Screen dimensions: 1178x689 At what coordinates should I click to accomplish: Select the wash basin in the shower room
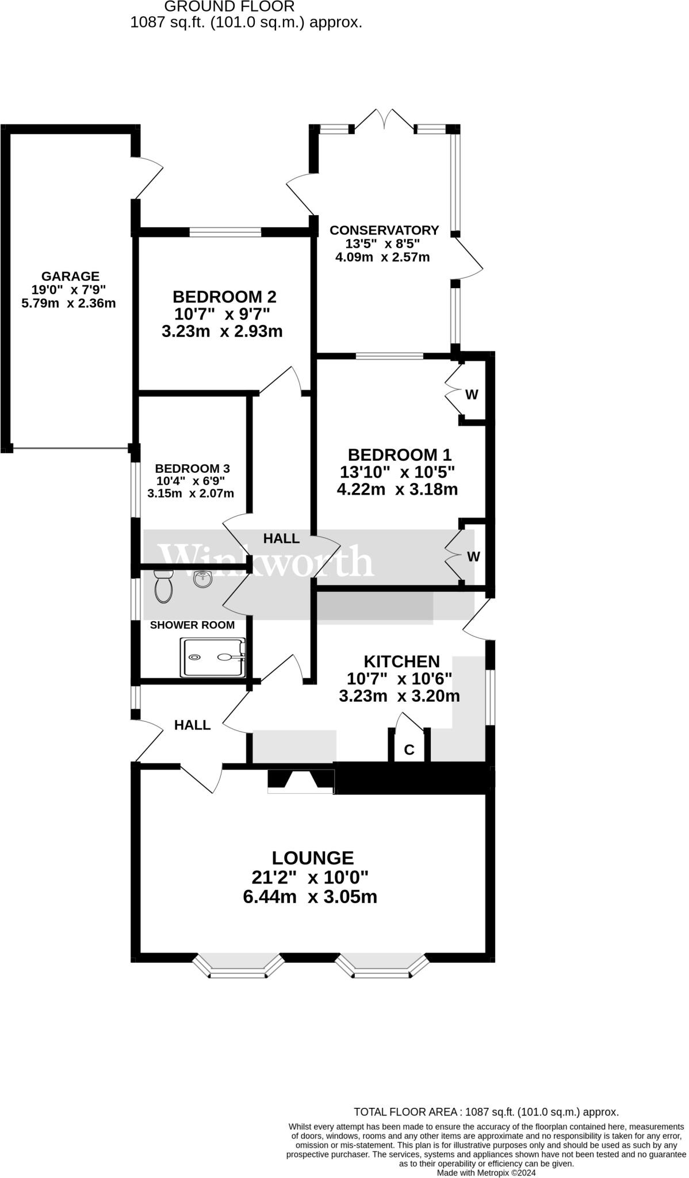click(x=202, y=579)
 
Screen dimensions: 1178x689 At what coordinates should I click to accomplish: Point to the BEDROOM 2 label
click(x=224, y=297)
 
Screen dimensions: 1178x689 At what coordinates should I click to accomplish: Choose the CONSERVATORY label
click(x=384, y=230)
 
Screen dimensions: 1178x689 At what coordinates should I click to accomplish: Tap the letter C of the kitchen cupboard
click(x=409, y=749)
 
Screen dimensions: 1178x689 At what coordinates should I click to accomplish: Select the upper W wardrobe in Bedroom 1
click(x=472, y=395)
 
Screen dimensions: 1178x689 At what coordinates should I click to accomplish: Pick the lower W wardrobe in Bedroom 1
click(x=473, y=556)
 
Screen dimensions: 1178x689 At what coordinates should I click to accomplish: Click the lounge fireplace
click(x=301, y=781)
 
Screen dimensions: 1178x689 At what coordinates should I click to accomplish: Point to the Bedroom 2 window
click(x=225, y=232)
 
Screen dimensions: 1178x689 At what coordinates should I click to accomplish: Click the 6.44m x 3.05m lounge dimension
click(x=310, y=897)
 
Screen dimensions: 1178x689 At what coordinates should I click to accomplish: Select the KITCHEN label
click(x=401, y=661)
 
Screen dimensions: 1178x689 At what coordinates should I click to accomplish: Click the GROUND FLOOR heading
click(x=229, y=7)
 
